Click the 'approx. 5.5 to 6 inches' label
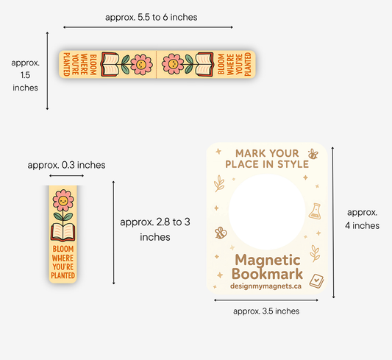pyautogui.click(x=151, y=17)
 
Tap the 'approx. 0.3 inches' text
pyautogui.click(x=66, y=165)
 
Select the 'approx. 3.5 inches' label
pyautogui.click(x=266, y=311)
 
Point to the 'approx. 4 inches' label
pyautogui.click(x=362, y=219)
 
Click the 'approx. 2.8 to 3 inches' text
pyautogui.click(x=155, y=230)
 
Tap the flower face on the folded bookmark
pyautogui.click(x=63, y=201)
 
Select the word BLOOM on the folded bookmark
pyautogui.click(x=63, y=249)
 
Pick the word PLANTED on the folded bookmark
pyautogui.click(x=63, y=275)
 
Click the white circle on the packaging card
pyautogui.click(x=267, y=212)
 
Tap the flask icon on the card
pyautogui.click(x=315, y=211)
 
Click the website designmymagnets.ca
pyautogui.click(x=266, y=286)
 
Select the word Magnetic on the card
pyautogui.click(x=268, y=261)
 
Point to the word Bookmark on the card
pyautogui.click(x=267, y=274)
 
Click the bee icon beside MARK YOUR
pyautogui.click(x=313, y=154)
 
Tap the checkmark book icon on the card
pyautogui.click(x=316, y=281)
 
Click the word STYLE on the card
pyautogui.click(x=293, y=164)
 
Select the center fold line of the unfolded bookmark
pyautogui.click(x=157, y=64)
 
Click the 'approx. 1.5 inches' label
pyautogui.click(x=25, y=75)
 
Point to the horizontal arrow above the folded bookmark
pyautogui.click(x=66, y=176)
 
